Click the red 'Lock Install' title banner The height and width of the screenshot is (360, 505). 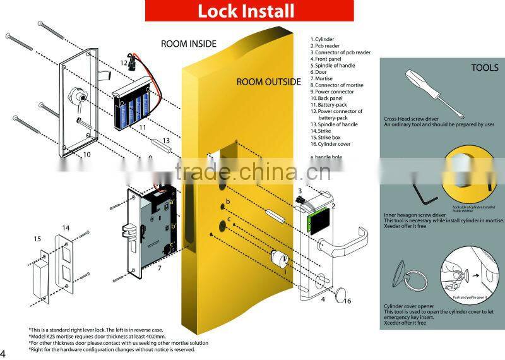[x=246, y=11]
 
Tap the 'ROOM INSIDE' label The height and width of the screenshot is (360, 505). [x=189, y=44]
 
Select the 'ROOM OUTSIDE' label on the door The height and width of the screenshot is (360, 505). [x=269, y=82]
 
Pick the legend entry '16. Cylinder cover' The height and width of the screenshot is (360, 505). [x=331, y=144]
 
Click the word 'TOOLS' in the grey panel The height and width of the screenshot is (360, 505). [x=485, y=68]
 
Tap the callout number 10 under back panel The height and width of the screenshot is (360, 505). [x=86, y=154]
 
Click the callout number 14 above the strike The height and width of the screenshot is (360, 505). [x=65, y=227]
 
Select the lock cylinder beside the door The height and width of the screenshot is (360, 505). [x=278, y=260]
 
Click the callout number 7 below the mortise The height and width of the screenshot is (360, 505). [x=160, y=268]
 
